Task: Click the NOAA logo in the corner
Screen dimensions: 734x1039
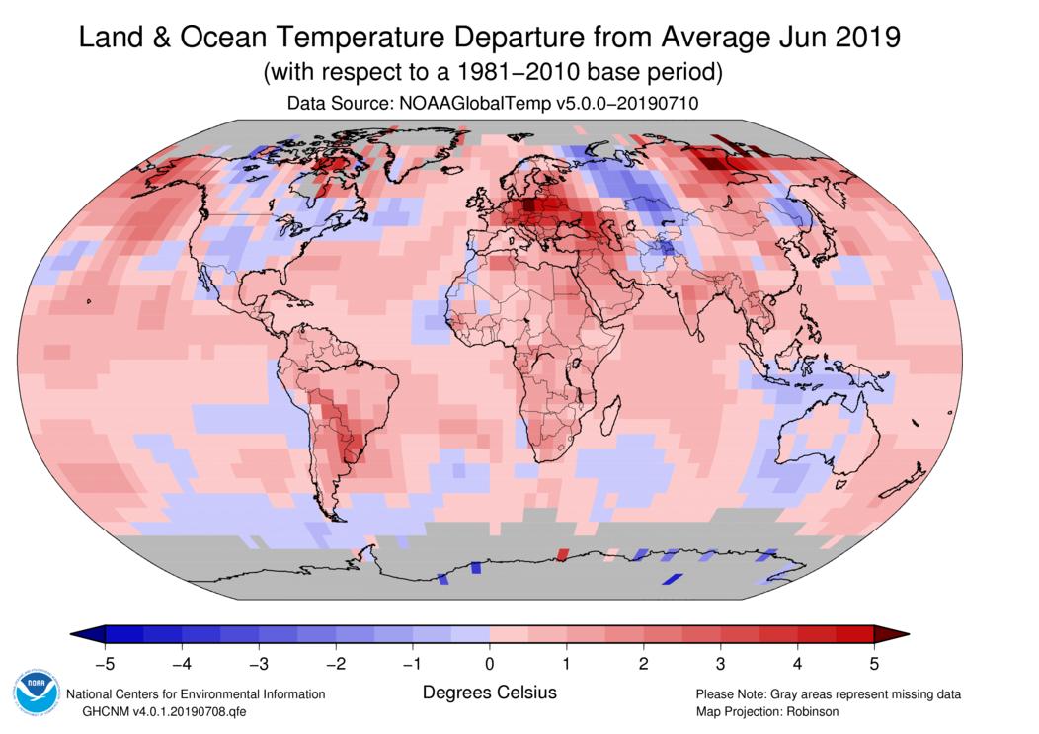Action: click(36, 694)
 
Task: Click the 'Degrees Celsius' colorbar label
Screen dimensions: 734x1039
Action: click(490, 693)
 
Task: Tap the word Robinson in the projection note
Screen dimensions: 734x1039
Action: click(808, 711)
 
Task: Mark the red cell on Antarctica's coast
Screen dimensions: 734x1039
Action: click(563, 555)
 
